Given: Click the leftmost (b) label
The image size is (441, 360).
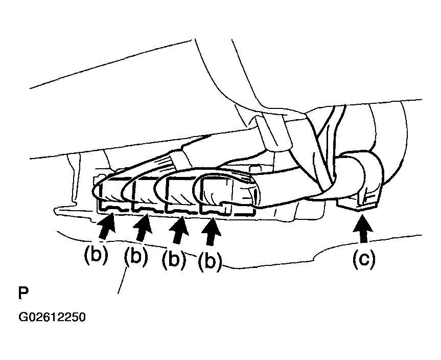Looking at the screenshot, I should [96, 255].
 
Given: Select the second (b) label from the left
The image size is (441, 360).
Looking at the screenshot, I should [135, 256].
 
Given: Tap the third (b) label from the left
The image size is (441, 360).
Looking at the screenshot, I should [174, 260].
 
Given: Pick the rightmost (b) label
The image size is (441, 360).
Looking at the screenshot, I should [209, 261].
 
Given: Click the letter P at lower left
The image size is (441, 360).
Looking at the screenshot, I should [24, 294].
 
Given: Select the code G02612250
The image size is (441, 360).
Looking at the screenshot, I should [52, 317].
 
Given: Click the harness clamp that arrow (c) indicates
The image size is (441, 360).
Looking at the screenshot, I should [360, 179].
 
